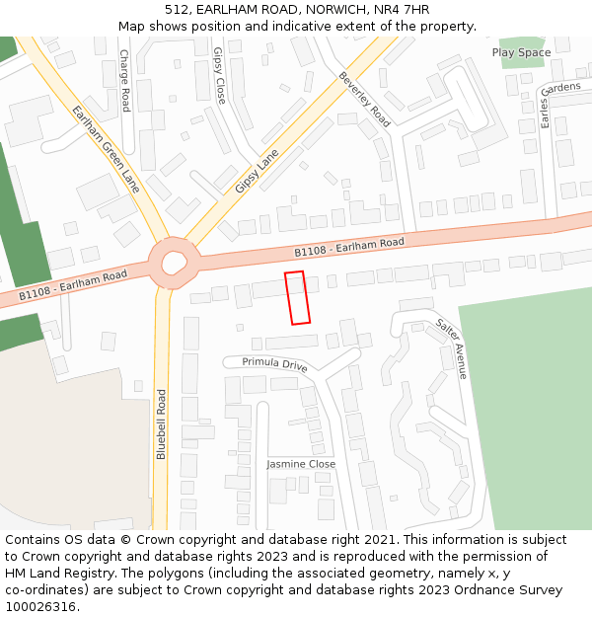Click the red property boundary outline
pyautogui.click(x=297, y=297)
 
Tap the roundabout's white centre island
pyautogui.click(x=174, y=263)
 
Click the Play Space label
pyautogui.click(x=521, y=52)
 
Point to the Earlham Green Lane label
pyautogui.click(x=106, y=149)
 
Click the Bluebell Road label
pyautogui.click(x=162, y=424)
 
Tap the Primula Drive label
pyautogui.click(x=274, y=363)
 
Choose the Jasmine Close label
pyautogui.click(x=301, y=464)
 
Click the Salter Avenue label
pyautogui.click(x=452, y=348)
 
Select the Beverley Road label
pyautogui.click(x=364, y=99)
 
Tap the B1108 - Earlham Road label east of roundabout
pyautogui.click(x=349, y=247)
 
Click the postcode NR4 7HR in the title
pyautogui.click(x=402, y=10)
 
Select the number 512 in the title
pyautogui.click(x=176, y=10)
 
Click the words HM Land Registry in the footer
pyautogui.click(x=54, y=574)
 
